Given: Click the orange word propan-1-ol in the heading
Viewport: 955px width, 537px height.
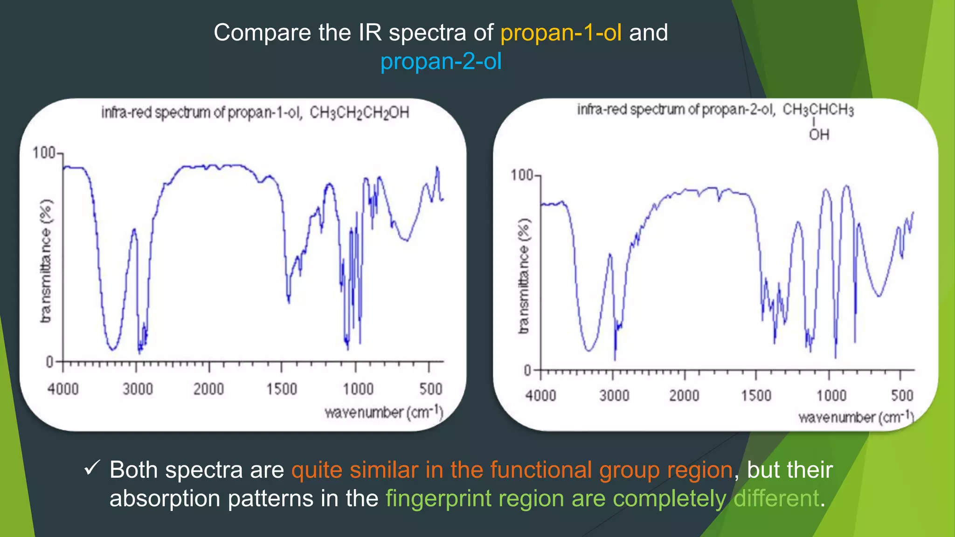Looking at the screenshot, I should (x=561, y=33).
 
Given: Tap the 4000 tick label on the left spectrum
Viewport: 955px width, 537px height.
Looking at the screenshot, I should (x=63, y=389).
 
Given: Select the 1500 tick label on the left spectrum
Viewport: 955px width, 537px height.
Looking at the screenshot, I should (x=281, y=389).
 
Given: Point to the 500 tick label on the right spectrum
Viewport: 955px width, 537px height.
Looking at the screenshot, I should (x=902, y=396).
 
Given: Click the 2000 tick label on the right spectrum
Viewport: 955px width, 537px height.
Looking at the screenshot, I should (x=684, y=396).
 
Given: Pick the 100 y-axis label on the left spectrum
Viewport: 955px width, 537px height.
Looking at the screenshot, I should (x=43, y=153).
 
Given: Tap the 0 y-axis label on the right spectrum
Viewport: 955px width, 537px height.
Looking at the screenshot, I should (x=527, y=371).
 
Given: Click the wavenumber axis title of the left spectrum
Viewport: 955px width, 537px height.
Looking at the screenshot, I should (x=383, y=413).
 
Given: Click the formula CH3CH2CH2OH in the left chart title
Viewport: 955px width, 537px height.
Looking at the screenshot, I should (x=359, y=113).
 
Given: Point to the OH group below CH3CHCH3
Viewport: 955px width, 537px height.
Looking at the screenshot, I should (x=819, y=135).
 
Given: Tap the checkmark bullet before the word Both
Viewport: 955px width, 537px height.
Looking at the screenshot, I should (x=92, y=468).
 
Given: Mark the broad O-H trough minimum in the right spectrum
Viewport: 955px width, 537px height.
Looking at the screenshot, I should (x=589, y=350).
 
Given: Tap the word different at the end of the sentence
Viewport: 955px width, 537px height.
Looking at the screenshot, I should (x=776, y=498).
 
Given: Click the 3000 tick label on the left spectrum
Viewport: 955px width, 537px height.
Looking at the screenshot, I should (x=138, y=389).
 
